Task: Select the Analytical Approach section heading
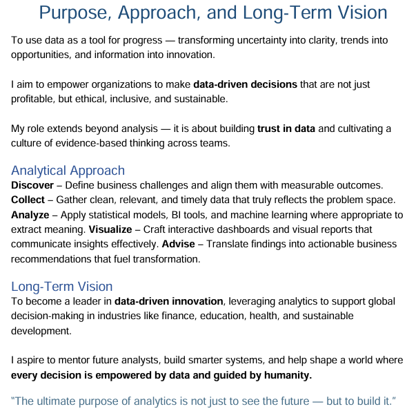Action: [x=68, y=171]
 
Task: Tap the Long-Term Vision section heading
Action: [x=62, y=287]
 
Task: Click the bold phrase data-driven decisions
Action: [x=246, y=84]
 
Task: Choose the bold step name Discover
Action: [x=33, y=186]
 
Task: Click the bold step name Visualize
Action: [x=114, y=229]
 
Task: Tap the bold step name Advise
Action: [x=178, y=244]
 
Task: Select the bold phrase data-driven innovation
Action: [x=169, y=302]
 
